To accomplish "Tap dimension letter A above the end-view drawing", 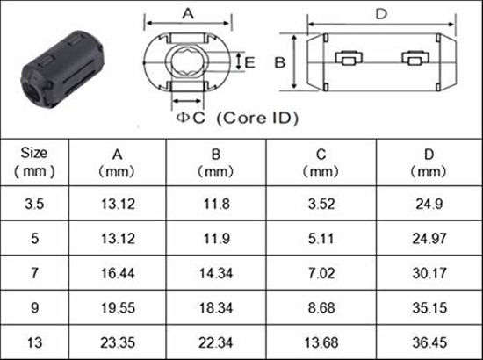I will tap(186, 13).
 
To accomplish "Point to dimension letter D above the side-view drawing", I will tap(380, 13).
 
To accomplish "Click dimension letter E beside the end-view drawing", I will tap(249, 62).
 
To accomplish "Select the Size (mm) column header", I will tap(34, 162).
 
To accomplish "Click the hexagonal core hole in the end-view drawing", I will tap(187, 61).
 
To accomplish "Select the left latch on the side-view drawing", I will tap(349, 61).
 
